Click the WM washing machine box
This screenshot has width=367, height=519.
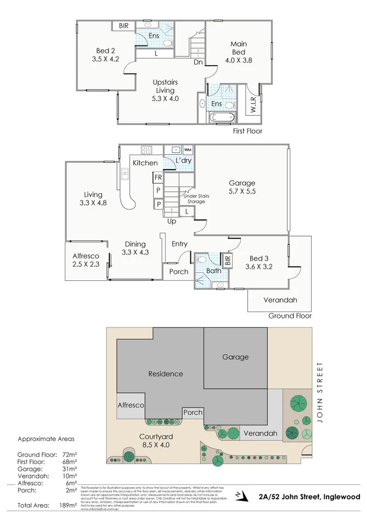point(188,149)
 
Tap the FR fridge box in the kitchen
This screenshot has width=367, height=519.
point(158,178)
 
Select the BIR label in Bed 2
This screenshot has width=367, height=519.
point(123,25)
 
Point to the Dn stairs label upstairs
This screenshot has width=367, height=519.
point(198,62)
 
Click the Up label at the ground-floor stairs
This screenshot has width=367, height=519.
point(171,221)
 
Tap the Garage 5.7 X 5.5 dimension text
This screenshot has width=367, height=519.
point(242,188)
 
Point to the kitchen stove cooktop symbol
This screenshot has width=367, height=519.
point(146,149)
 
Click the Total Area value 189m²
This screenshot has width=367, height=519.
point(67,505)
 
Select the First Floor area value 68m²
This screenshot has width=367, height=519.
point(67,462)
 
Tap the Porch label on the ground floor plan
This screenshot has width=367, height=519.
point(178,272)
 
